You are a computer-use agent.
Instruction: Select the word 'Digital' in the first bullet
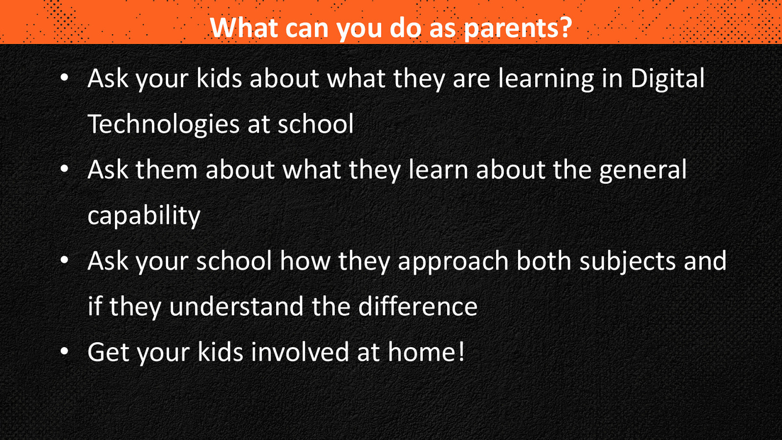tap(668, 79)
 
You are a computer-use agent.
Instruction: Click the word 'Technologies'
tap(163, 125)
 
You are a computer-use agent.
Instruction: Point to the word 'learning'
tap(546, 79)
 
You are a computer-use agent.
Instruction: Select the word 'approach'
tap(453, 262)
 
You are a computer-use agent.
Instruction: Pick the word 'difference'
tap(418, 307)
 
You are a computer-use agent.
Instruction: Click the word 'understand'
tap(237, 307)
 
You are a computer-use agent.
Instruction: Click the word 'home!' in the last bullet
tap(426, 352)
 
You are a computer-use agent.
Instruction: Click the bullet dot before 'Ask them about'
tap(64, 169)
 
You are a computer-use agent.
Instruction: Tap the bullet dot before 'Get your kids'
tap(64, 352)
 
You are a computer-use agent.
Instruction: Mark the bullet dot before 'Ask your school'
tap(64, 261)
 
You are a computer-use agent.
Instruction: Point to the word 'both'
tap(544, 262)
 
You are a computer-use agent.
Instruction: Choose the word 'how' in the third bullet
tap(305, 262)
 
